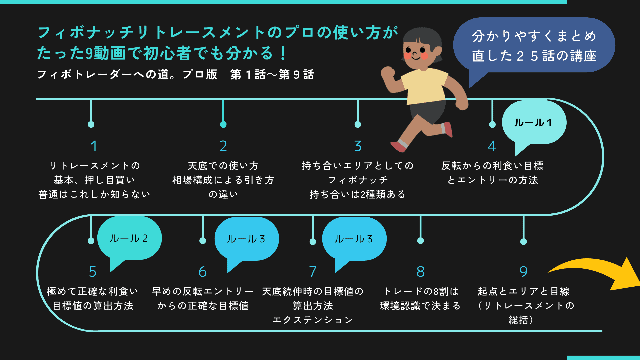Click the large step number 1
pos(94,146)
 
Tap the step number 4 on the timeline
pos(492,146)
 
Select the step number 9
pos(523,271)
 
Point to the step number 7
pos(313,271)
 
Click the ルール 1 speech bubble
pos(533,122)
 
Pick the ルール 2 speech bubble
pos(129,238)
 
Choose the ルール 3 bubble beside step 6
pos(246,239)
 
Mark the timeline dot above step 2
pos(223,124)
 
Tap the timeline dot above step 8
pos(420,241)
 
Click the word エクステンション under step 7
pos(313,320)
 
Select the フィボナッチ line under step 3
pos(358,180)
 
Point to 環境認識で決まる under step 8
pos(420,306)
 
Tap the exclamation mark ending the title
pos(283,53)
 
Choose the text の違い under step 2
pos(223,194)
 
